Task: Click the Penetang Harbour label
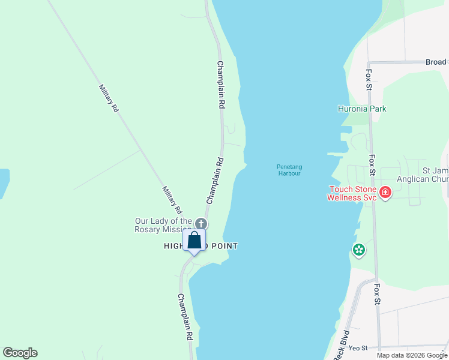click(x=289, y=170)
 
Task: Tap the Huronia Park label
click(x=361, y=109)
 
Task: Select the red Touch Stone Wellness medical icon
click(x=385, y=193)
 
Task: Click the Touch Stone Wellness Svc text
click(x=352, y=193)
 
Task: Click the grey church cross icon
click(x=201, y=224)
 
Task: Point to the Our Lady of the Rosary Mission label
click(x=163, y=225)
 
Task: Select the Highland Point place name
click(x=201, y=246)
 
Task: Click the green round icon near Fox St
click(x=359, y=250)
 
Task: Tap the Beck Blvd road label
click(x=341, y=344)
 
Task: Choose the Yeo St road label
click(x=358, y=348)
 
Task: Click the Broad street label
click(x=436, y=62)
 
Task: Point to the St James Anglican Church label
click(x=423, y=175)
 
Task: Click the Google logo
click(x=20, y=353)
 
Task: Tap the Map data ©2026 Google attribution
click(x=412, y=355)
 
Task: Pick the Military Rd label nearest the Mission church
click(x=171, y=200)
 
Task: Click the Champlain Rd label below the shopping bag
click(x=185, y=317)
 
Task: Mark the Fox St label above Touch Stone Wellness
click(x=373, y=165)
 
